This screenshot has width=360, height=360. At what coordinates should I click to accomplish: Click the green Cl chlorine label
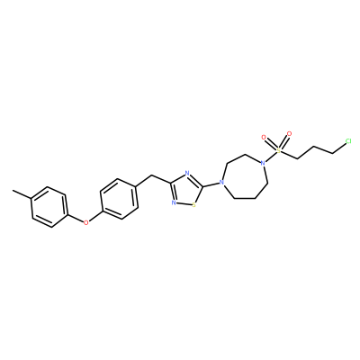pos(348,141)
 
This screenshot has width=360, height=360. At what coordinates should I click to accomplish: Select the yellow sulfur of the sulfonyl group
pos(279,150)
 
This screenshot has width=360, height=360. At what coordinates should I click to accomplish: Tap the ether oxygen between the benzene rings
pos(86,222)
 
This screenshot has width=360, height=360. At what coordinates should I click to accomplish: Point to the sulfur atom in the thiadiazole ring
pos(193,205)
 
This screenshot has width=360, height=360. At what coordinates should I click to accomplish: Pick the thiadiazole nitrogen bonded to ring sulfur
pos(174,202)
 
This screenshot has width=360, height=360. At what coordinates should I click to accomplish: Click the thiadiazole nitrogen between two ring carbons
pos(187,173)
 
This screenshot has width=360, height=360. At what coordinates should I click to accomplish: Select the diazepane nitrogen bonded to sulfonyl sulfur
pos(263,164)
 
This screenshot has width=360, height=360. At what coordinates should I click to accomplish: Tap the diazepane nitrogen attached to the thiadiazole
pos(221,182)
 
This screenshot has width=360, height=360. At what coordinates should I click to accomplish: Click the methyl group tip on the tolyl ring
pos(13,190)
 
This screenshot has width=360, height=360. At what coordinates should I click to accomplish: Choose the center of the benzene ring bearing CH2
pos(120,199)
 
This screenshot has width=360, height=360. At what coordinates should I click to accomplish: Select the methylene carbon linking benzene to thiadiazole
pos(153,175)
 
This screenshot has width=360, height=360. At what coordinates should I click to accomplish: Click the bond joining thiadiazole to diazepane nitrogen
pos(211,184)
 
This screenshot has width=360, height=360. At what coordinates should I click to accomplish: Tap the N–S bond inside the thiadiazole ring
pos(184,204)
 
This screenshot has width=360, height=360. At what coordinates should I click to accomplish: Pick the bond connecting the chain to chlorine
pos(338,148)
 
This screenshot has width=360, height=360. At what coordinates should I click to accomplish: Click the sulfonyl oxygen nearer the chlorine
pos(289,134)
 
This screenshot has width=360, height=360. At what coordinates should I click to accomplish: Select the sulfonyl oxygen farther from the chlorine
pos(264,138)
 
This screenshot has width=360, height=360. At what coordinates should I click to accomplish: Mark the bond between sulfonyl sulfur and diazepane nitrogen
pos(271,157)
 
